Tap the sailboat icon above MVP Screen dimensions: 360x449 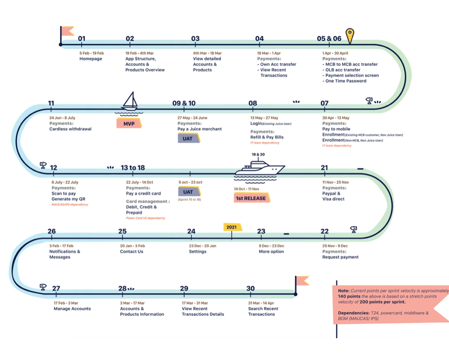click(x=129, y=102)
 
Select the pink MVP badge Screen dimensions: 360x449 click(x=129, y=124)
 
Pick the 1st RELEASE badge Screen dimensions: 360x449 click(x=251, y=198)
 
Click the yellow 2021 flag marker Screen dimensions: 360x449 click(x=232, y=227)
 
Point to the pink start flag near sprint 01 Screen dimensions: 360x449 click(x=67, y=31)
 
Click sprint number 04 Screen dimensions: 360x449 click(x=260, y=39)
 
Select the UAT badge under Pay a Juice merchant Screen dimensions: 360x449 click(x=188, y=139)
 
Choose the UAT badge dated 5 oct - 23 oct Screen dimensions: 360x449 click(x=188, y=192)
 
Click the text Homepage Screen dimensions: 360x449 click(x=91, y=59)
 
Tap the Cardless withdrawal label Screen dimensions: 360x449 click(x=70, y=129)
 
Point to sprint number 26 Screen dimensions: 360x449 click(x=52, y=231)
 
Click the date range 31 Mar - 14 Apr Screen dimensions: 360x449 click(x=261, y=303)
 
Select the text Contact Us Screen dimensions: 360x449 click(x=131, y=251)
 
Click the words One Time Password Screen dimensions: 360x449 click(x=346, y=81)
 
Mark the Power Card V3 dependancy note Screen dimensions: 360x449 click(x=145, y=218)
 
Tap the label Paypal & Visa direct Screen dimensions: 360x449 click(x=334, y=196)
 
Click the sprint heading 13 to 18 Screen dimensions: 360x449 click(x=133, y=168)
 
